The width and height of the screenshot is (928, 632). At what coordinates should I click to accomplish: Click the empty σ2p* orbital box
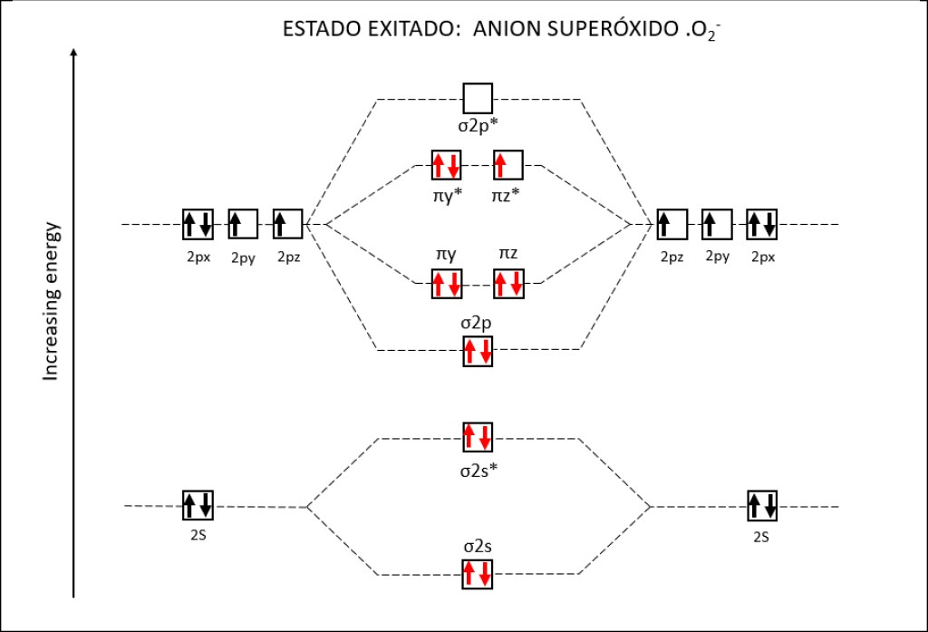(478, 97)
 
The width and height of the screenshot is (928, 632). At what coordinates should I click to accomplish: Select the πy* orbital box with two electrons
(447, 166)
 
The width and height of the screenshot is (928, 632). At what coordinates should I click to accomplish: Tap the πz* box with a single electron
(507, 166)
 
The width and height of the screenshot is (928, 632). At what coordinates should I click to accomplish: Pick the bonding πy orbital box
(447, 284)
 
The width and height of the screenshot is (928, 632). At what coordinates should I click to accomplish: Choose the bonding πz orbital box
(507, 284)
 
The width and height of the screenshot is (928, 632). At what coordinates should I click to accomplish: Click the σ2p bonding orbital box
(478, 351)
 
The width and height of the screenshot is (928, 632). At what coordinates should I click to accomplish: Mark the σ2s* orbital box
(478, 438)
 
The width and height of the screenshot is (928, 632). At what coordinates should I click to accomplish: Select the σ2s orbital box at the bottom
(478, 574)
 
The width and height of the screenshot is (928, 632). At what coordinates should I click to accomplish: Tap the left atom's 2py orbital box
(243, 223)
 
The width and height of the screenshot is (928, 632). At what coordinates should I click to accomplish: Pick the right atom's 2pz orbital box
(672, 223)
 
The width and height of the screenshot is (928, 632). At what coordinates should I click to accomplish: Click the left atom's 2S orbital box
(198, 504)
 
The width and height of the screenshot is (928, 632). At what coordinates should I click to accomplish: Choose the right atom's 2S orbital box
(762, 504)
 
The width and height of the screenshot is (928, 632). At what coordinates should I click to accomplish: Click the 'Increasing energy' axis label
(52, 299)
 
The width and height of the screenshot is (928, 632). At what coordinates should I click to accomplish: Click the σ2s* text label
(478, 470)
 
